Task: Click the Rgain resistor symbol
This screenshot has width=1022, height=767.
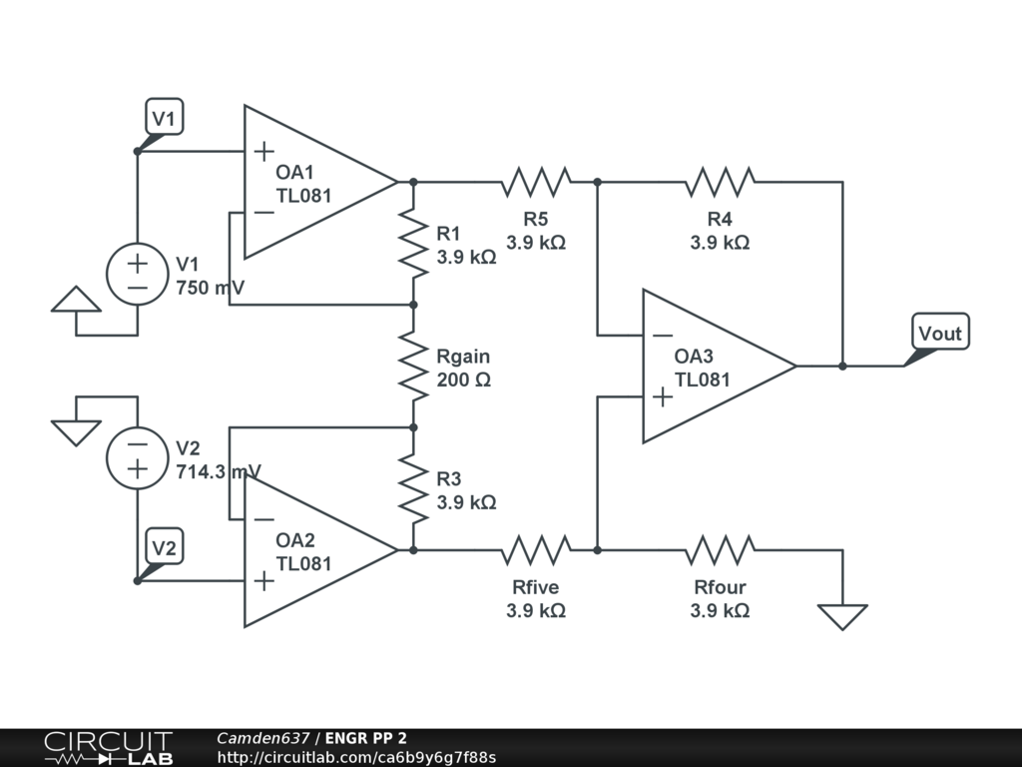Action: coord(413,366)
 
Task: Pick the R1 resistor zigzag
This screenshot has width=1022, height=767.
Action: coord(413,243)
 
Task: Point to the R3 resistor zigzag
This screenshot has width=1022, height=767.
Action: coord(413,487)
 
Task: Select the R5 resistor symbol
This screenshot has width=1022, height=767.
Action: coord(536,182)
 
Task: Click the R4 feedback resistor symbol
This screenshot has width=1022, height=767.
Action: coord(720,182)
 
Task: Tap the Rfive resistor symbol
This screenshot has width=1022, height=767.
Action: coord(536,549)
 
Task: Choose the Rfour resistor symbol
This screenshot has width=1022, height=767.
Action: coord(720,549)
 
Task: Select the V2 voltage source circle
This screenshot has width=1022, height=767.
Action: coord(137,457)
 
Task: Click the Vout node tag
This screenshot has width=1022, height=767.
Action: coord(939,333)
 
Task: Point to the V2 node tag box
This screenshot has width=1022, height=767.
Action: coord(165,547)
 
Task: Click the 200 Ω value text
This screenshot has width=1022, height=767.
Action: coord(464,381)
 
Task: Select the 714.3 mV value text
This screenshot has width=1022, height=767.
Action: coord(219,471)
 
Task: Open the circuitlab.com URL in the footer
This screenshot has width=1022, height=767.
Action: coord(356,757)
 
